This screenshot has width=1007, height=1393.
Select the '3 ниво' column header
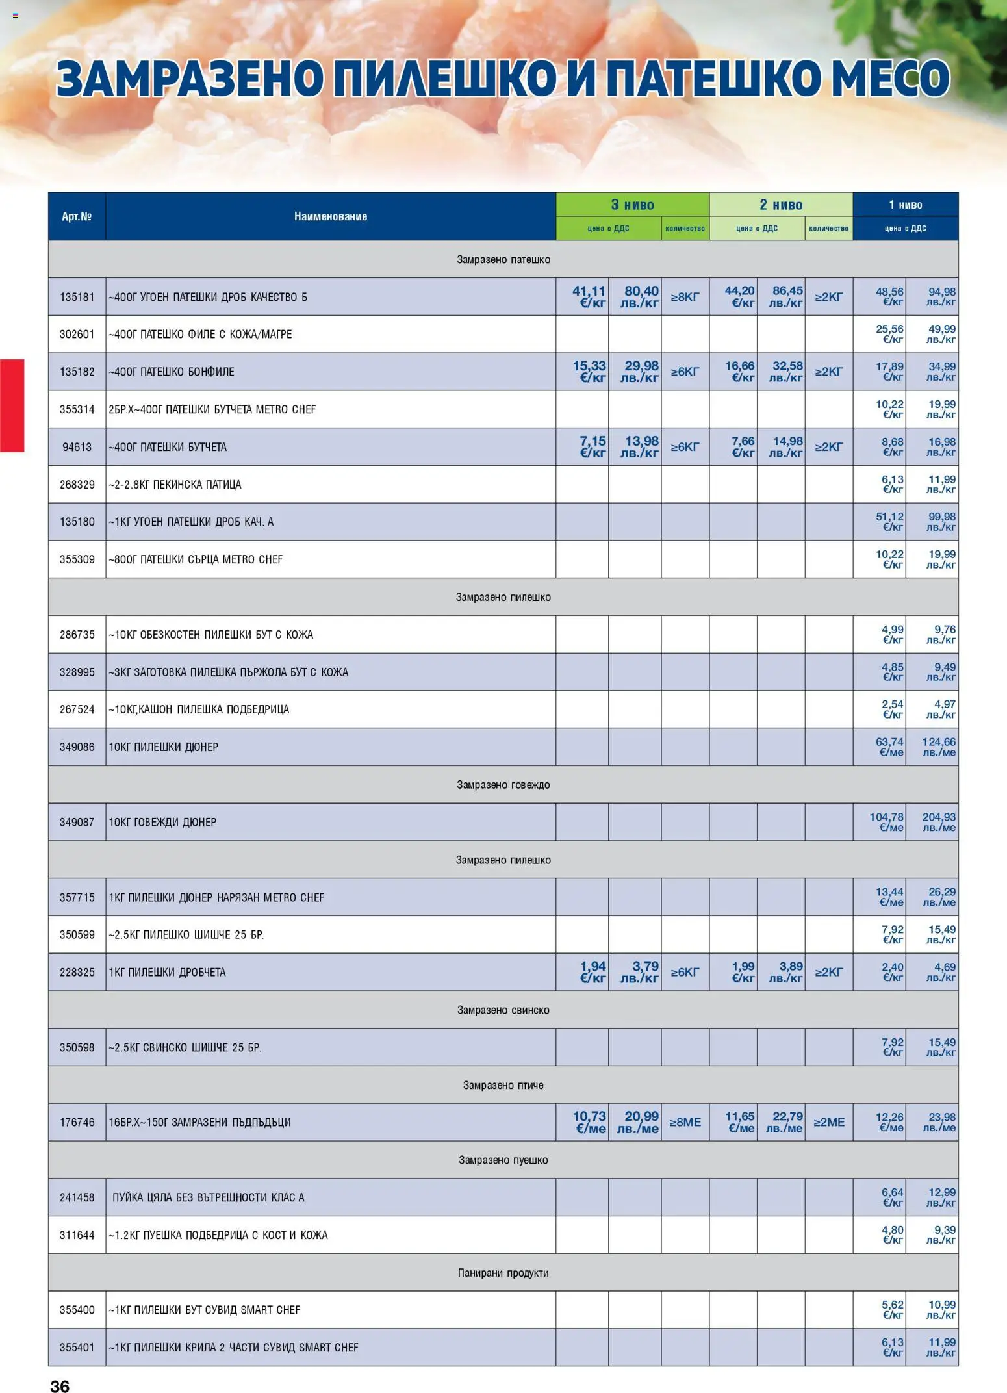[x=632, y=205]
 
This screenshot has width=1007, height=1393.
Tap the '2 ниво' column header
[x=781, y=205]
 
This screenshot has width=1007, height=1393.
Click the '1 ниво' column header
[x=905, y=205]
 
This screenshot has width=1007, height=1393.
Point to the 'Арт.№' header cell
[x=77, y=216]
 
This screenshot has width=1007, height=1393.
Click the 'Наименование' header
[x=331, y=216]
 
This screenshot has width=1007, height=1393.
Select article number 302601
[x=77, y=334]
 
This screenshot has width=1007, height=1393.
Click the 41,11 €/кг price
[x=589, y=297]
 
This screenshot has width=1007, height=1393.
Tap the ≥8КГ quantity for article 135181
[x=685, y=297]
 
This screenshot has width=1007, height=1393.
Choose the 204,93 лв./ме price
[x=939, y=822]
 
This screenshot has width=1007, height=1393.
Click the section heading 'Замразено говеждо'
[x=503, y=785]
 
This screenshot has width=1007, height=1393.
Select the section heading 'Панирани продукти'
[x=503, y=1273]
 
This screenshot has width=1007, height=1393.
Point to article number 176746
[x=77, y=1122]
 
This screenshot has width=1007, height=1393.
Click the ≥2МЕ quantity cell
[x=829, y=1122]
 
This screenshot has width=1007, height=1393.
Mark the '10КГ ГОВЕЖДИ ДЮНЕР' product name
[x=162, y=822]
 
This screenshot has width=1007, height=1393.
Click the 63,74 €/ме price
[x=889, y=747]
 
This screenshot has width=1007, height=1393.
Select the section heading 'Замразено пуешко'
[x=503, y=1160]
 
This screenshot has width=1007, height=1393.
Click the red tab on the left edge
[x=12, y=405]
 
